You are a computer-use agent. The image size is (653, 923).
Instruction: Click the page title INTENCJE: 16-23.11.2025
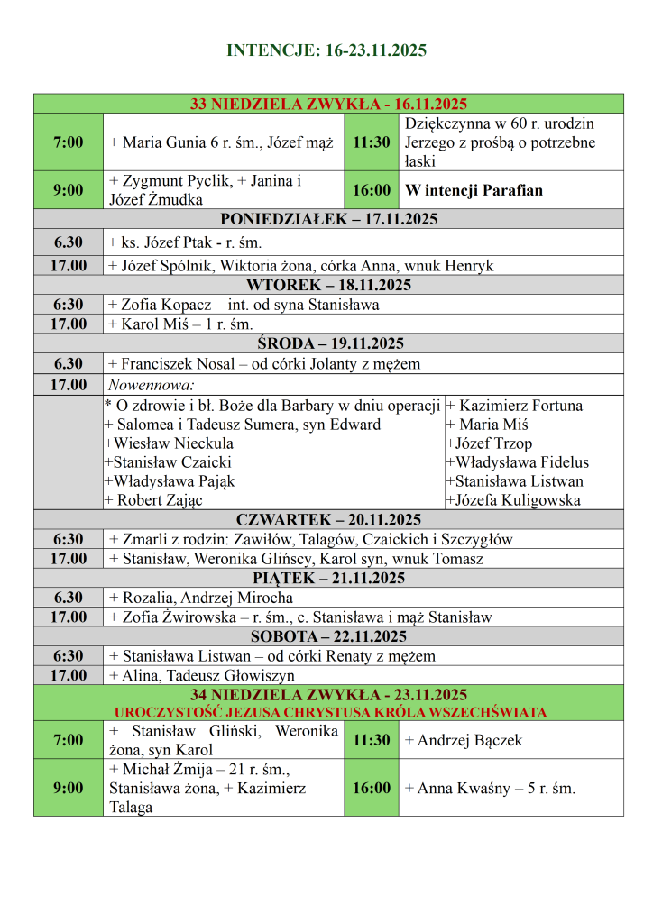pyautogui.click(x=326, y=50)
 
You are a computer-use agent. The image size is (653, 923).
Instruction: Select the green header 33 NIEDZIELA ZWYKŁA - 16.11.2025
pyautogui.click(x=328, y=104)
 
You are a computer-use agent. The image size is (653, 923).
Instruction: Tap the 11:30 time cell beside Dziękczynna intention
pyautogui.click(x=371, y=142)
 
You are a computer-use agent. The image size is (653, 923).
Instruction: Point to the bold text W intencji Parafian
pyautogui.click(x=474, y=190)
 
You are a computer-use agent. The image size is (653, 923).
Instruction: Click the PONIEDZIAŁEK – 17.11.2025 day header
pyautogui.click(x=328, y=219)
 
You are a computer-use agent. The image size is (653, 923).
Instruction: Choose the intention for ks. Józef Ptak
pyautogui.click(x=185, y=242)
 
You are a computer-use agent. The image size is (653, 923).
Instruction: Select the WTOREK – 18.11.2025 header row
pyautogui.click(x=328, y=286)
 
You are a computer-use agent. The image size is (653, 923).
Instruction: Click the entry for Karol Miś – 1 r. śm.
pyautogui.click(x=180, y=324)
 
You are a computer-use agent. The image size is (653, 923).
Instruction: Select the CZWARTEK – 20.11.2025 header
pyautogui.click(x=328, y=520)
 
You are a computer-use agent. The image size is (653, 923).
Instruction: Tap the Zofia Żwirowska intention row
pyautogui.click(x=299, y=617)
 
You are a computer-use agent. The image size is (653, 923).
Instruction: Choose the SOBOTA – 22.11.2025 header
pyautogui.click(x=328, y=637)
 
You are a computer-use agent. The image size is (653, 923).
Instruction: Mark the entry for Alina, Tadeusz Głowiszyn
pyautogui.click(x=201, y=676)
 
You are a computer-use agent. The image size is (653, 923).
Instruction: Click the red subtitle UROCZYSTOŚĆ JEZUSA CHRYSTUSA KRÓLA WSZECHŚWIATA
pyautogui.click(x=328, y=712)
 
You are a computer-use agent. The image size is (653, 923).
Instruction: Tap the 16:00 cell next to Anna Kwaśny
pyautogui.click(x=371, y=788)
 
